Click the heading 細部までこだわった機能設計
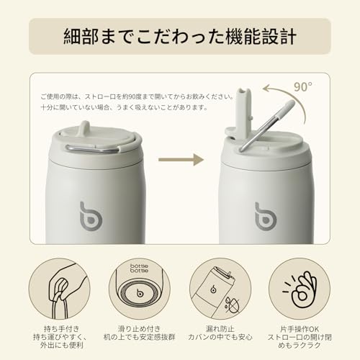pyautogui.click(x=180, y=36)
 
